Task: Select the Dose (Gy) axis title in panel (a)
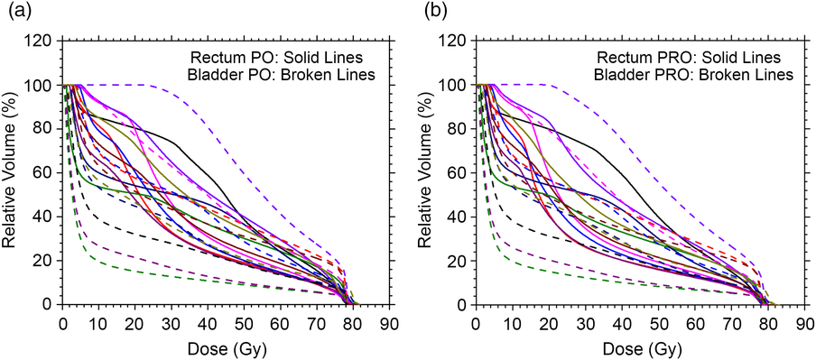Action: [x=225, y=347]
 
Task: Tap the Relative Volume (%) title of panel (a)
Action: [x=11, y=172]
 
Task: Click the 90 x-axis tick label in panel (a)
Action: [x=389, y=323]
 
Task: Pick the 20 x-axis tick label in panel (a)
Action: [x=134, y=323]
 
